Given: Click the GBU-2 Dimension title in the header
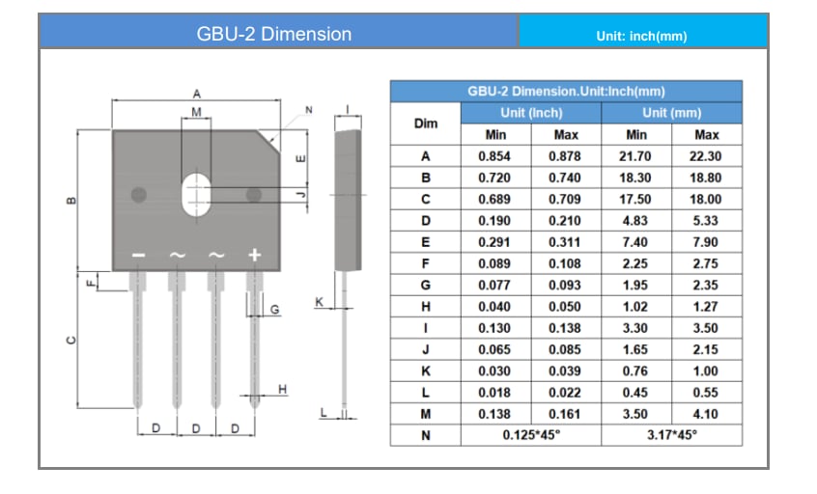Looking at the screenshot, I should click(x=274, y=34).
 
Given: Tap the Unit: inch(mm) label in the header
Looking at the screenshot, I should click(x=642, y=37).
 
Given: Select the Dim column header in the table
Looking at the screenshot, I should click(x=425, y=123).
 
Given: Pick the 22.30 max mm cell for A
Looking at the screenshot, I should click(x=707, y=156).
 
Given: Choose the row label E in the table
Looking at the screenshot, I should click(x=425, y=241).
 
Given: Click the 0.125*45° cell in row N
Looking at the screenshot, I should click(x=530, y=434).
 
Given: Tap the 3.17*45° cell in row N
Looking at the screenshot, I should click(x=671, y=434).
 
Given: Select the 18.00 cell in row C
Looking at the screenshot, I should click(x=707, y=199).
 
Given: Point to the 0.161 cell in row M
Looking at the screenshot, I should click(x=565, y=413).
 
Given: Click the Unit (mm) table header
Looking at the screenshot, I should click(x=671, y=113).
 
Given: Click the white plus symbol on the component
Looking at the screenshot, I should click(x=255, y=255).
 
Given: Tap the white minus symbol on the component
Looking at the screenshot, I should click(x=138, y=255).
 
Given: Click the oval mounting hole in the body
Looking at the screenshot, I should click(x=197, y=193).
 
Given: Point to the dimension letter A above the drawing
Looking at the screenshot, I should click(x=196, y=94).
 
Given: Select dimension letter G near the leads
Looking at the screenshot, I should click(x=274, y=310).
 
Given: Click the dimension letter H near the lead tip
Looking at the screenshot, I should click(x=282, y=389).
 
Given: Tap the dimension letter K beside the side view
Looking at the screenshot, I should click(x=319, y=302).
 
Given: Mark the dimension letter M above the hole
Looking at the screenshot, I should click(x=197, y=113).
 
